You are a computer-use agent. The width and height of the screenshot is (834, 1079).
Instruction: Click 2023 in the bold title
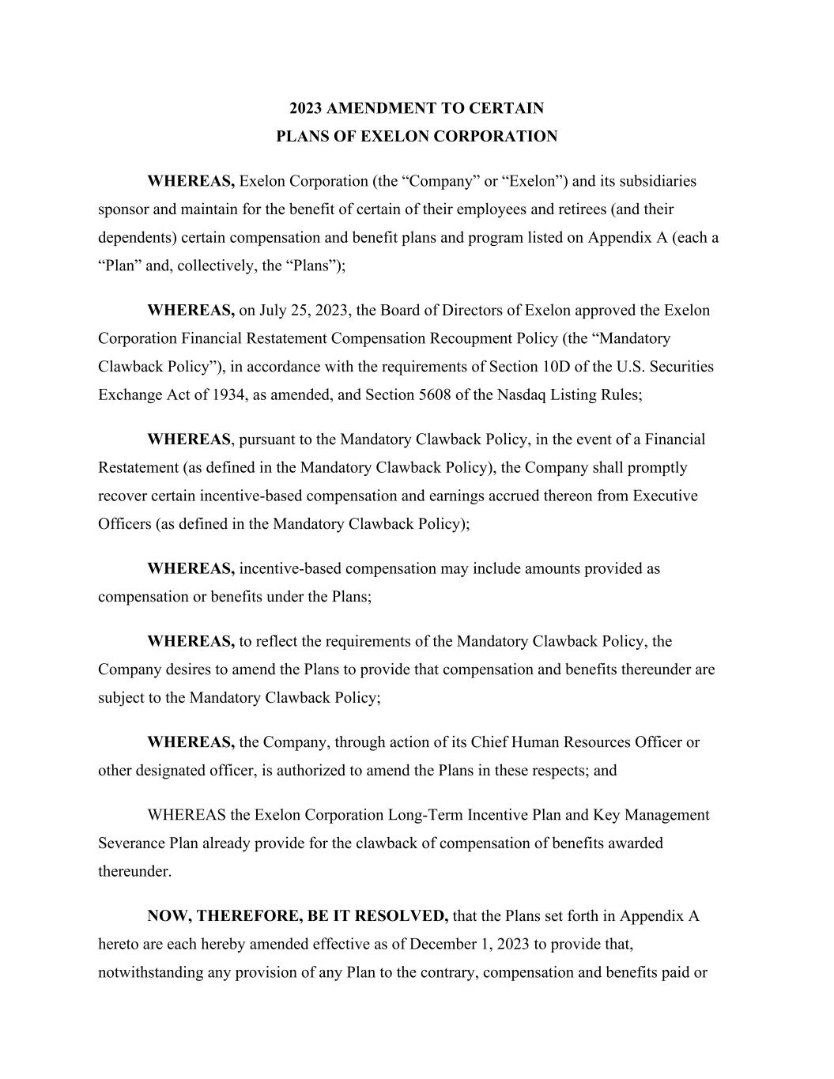pos(305,108)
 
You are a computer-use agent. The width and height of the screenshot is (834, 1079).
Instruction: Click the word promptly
pos(657,467)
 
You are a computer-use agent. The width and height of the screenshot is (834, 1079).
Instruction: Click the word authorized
pos(308,771)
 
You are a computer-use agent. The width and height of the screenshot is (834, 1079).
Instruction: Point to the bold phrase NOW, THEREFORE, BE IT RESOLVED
pos(297,916)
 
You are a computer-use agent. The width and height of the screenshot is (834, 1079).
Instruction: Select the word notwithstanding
pos(151,973)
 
